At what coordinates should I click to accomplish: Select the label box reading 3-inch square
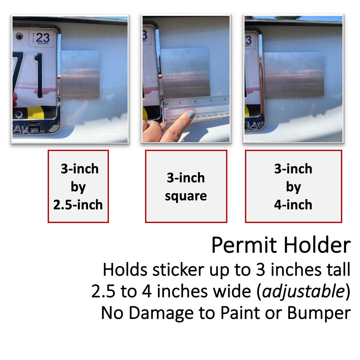point(186,186)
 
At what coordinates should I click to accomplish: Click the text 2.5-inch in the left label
point(78,205)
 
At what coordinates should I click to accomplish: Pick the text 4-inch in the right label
point(293,204)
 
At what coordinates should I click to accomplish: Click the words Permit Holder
point(281,246)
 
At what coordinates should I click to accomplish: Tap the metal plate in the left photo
point(80,75)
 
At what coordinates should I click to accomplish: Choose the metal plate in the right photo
point(294,75)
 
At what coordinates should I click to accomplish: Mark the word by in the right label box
point(293,187)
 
